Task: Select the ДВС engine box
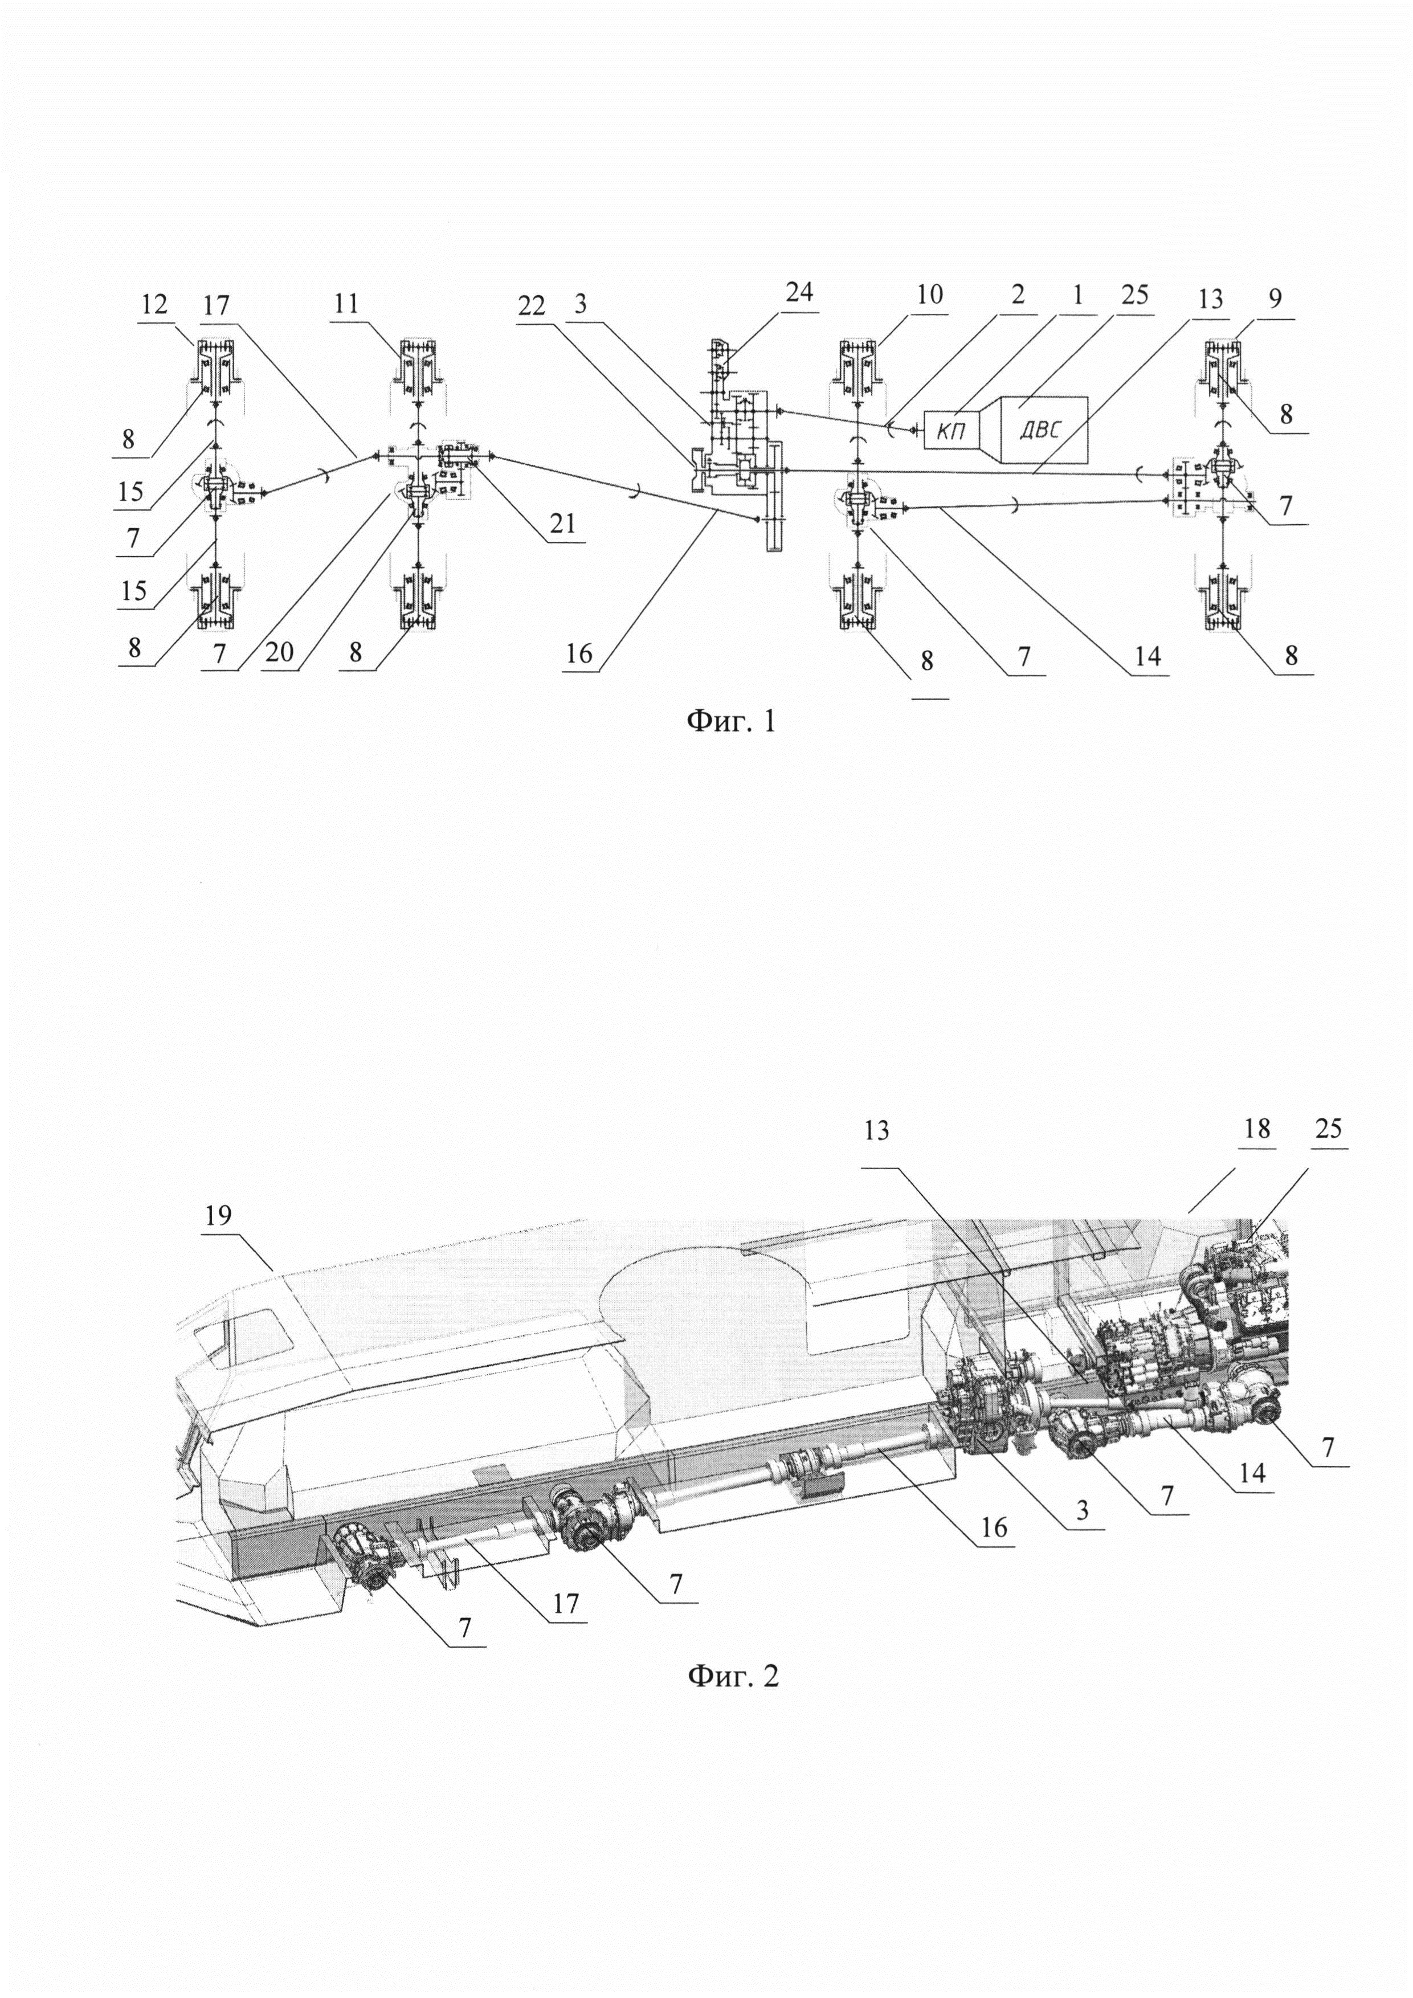(1043, 429)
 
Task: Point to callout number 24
(799, 292)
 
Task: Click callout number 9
(1275, 299)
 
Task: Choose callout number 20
(279, 652)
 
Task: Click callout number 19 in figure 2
(218, 1216)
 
